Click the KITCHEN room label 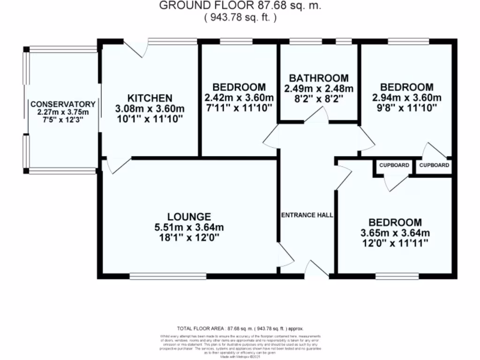pyautogui.click(x=150, y=98)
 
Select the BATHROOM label pyautogui.click(x=319, y=78)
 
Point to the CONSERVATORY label pyautogui.click(x=63, y=104)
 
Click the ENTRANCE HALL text pyautogui.click(x=307, y=215)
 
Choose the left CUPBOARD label pyautogui.click(x=394, y=165)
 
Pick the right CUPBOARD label pyautogui.click(x=434, y=165)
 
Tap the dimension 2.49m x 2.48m pyautogui.click(x=319, y=88)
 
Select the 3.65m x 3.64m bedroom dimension pyautogui.click(x=395, y=232)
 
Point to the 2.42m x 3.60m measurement pyautogui.click(x=239, y=97)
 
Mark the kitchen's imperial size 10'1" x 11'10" pyautogui.click(x=150, y=119)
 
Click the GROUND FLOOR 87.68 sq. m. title pyautogui.click(x=240, y=6)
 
